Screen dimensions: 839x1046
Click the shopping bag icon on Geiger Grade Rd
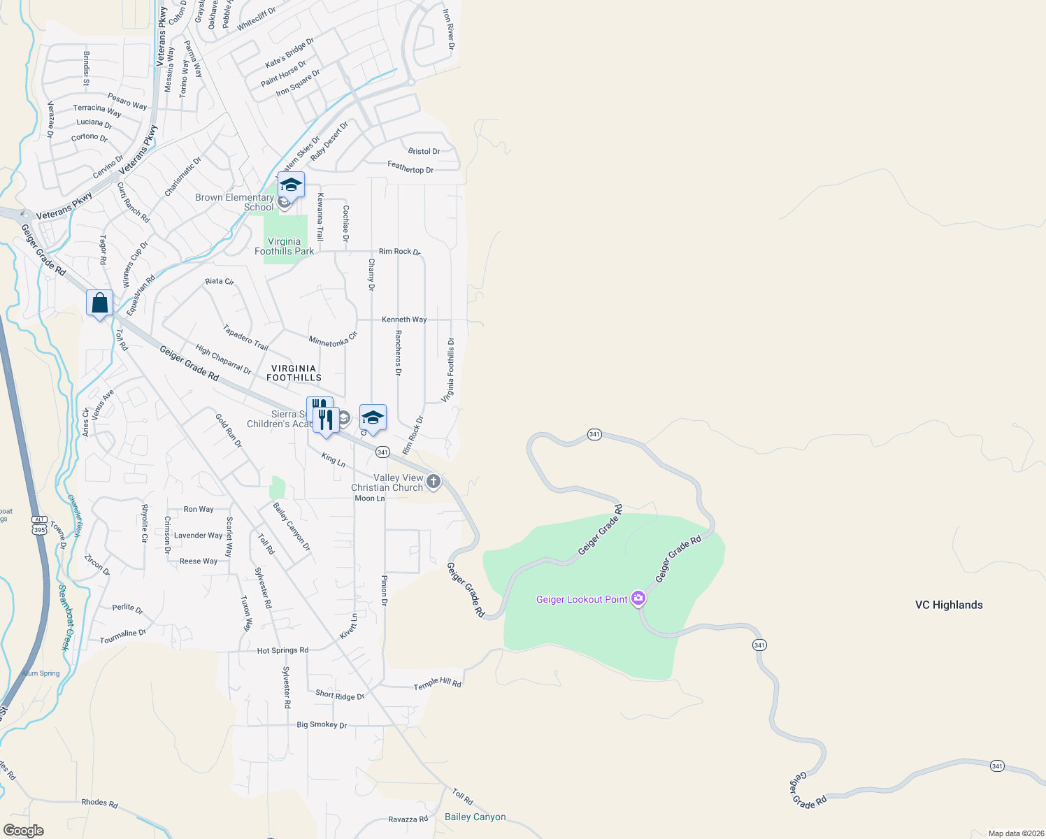tap(99, 303)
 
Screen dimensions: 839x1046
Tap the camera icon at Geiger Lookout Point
tap(638, 598)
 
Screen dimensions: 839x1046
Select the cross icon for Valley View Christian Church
tap(434, 481)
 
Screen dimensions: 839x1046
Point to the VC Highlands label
tap(949, 605)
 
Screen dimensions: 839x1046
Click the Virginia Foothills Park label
tap(284, 246)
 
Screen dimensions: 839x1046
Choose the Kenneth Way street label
tap(404, 320)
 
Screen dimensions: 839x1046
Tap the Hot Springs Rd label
tap(282, 650)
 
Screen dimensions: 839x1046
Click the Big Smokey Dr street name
tap(322, 725)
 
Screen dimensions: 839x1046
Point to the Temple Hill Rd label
tap(438, 683)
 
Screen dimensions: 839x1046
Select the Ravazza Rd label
tap(408, 819)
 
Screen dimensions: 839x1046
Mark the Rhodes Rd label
tap(99, 803)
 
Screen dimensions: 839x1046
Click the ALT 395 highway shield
tap(39, 525)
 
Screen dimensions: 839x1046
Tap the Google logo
tap(23, 831)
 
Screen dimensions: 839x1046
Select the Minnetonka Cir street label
tap(333, 340)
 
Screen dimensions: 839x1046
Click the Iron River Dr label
tap(449, 29)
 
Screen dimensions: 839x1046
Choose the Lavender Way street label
tap(198, 536)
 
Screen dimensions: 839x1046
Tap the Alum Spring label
tap(41, 673)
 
